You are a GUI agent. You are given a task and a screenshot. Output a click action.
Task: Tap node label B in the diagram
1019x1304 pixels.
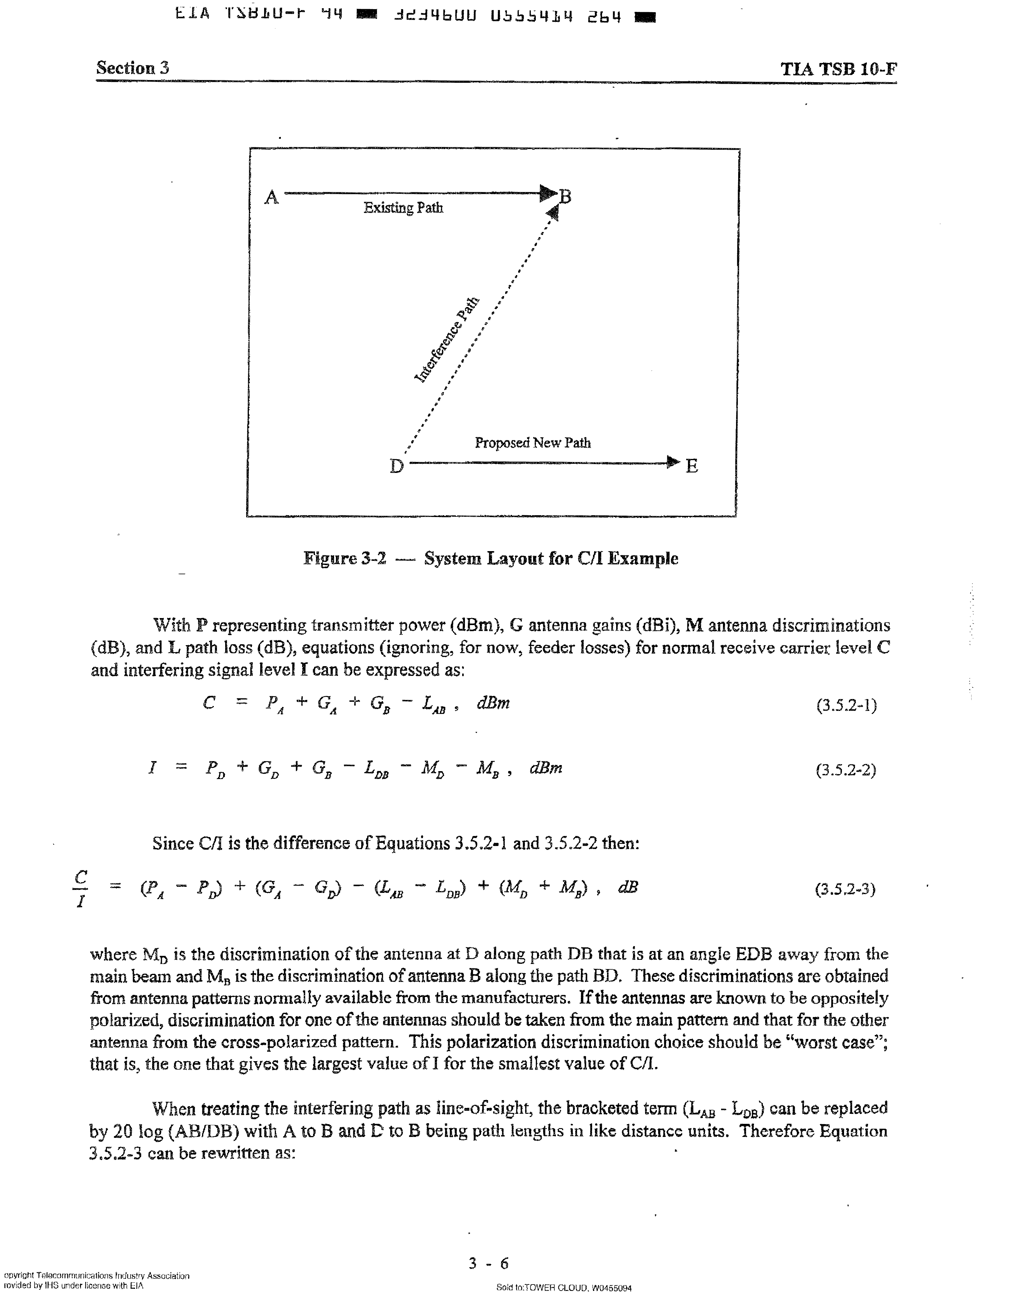[x=565, y=196]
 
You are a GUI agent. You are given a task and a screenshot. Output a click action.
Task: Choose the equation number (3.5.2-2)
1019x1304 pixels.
[x=846, y=770]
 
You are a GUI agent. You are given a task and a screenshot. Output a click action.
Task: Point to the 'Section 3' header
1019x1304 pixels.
[x=133, y=68]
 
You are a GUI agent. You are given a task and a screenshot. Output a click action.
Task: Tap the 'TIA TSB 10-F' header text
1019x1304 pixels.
[x=838, y=69]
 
